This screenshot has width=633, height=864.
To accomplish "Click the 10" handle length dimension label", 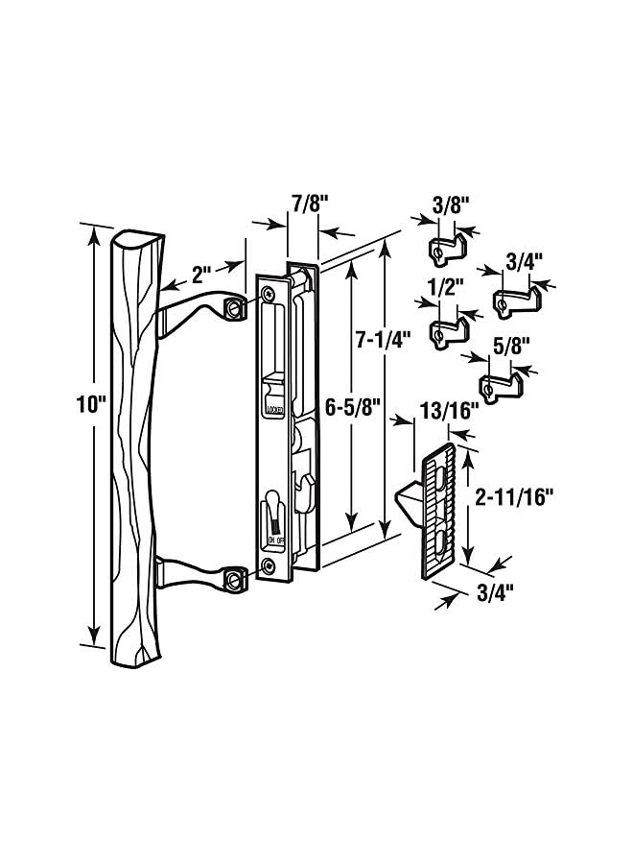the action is [90, 405].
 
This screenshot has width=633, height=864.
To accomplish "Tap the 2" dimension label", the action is [201, 275].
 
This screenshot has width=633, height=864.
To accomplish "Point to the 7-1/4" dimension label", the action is [384, 340].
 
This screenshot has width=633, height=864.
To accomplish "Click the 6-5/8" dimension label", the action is [353, 408].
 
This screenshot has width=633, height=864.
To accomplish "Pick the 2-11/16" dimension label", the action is [513, 497].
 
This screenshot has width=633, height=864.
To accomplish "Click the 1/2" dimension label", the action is [445, 288].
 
